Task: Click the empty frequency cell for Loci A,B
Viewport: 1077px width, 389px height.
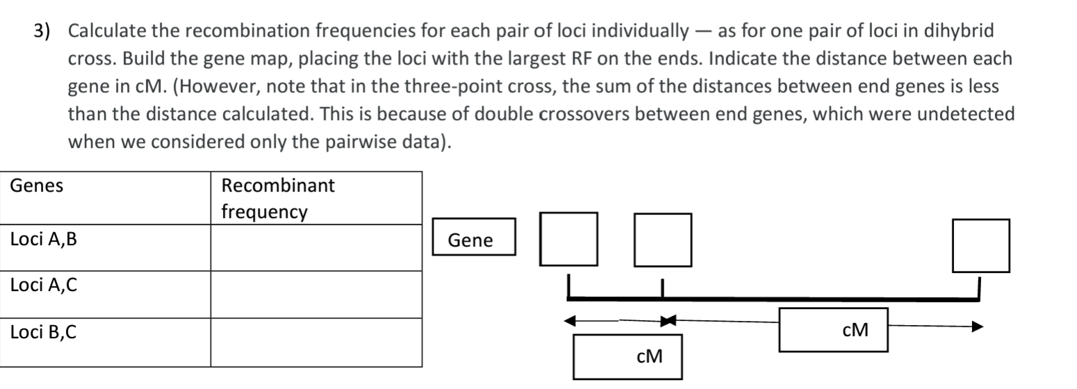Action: click(316, 248)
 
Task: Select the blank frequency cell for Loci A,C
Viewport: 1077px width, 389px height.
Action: click(316, 295)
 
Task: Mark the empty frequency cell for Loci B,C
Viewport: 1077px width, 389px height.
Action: click(316, 342)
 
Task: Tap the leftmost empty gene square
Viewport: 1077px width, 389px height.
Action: click(569, 240)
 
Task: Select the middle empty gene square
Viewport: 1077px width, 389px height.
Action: click(662, 240)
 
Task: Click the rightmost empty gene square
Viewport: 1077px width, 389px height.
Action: click(980, 246)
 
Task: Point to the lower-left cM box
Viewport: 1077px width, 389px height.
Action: click(627, 356)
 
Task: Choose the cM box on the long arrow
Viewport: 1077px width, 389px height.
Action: click(833, 329)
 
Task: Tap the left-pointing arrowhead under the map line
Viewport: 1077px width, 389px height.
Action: click(570, 321)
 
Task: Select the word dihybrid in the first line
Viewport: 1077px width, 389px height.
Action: click(962, 31)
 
